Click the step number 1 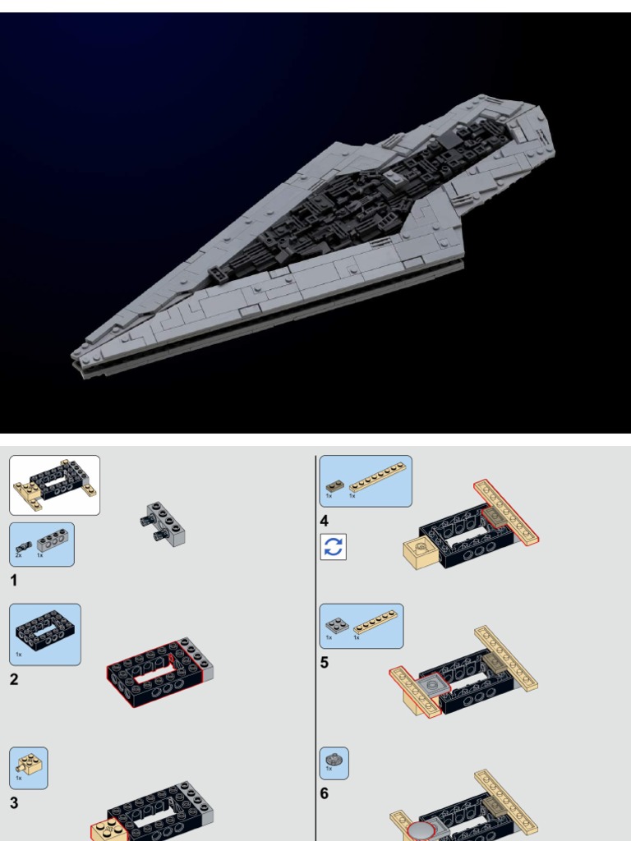pyautogui.click(x=13, y=581)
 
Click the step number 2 pyautogui.click(x=14, y=679)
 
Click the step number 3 pyautogui.click(x=14, y=803)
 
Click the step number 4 pyautogui.click(x=325, y=521)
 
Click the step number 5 pyautogui.click(x=325, y=662)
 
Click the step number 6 pyautogui.click(x=325, y=793)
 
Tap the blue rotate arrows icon pyautogui.click(x=333, y=547)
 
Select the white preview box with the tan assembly pyautogui.click(x=54, y=485)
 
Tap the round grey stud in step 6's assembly pyautogui.click(x=421, y=832)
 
